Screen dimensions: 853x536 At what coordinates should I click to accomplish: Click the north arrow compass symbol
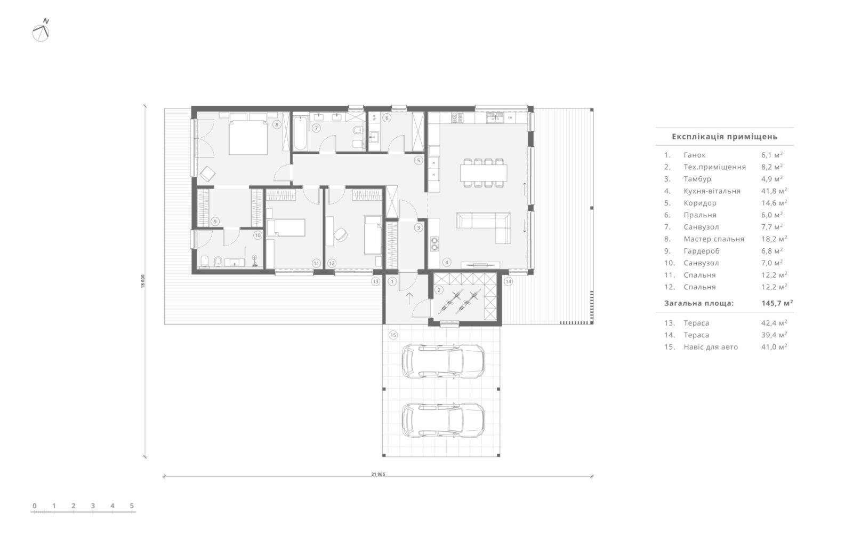point(41,30)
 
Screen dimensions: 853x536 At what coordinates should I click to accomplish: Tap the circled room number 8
point(277,124)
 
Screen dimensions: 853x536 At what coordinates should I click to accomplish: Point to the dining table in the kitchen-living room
point(484,172)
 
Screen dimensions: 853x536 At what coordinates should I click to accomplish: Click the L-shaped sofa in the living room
point(484,227)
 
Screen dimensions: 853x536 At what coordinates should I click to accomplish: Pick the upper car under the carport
point(443,361)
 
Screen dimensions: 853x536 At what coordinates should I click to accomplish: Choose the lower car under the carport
point(443,420)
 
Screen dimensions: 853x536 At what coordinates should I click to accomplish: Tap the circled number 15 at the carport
point(393,335)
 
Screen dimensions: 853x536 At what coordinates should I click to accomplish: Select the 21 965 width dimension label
point(378,474)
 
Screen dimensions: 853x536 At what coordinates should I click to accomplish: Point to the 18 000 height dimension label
point(143,281)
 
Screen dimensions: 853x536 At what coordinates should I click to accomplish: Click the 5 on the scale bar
point(132,506)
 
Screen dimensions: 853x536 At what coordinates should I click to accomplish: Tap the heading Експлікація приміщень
point(725,137)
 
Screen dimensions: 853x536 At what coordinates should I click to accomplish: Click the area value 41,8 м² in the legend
point(774,191)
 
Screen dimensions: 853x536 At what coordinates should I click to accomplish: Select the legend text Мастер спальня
point(714,239)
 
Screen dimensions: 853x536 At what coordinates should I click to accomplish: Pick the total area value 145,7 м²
point(777,303)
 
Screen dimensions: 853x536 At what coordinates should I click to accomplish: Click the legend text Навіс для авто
point(711,347)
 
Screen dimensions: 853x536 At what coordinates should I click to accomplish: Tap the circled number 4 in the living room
point(447,262)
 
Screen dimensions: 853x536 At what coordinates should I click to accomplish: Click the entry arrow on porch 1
point(409,298)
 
